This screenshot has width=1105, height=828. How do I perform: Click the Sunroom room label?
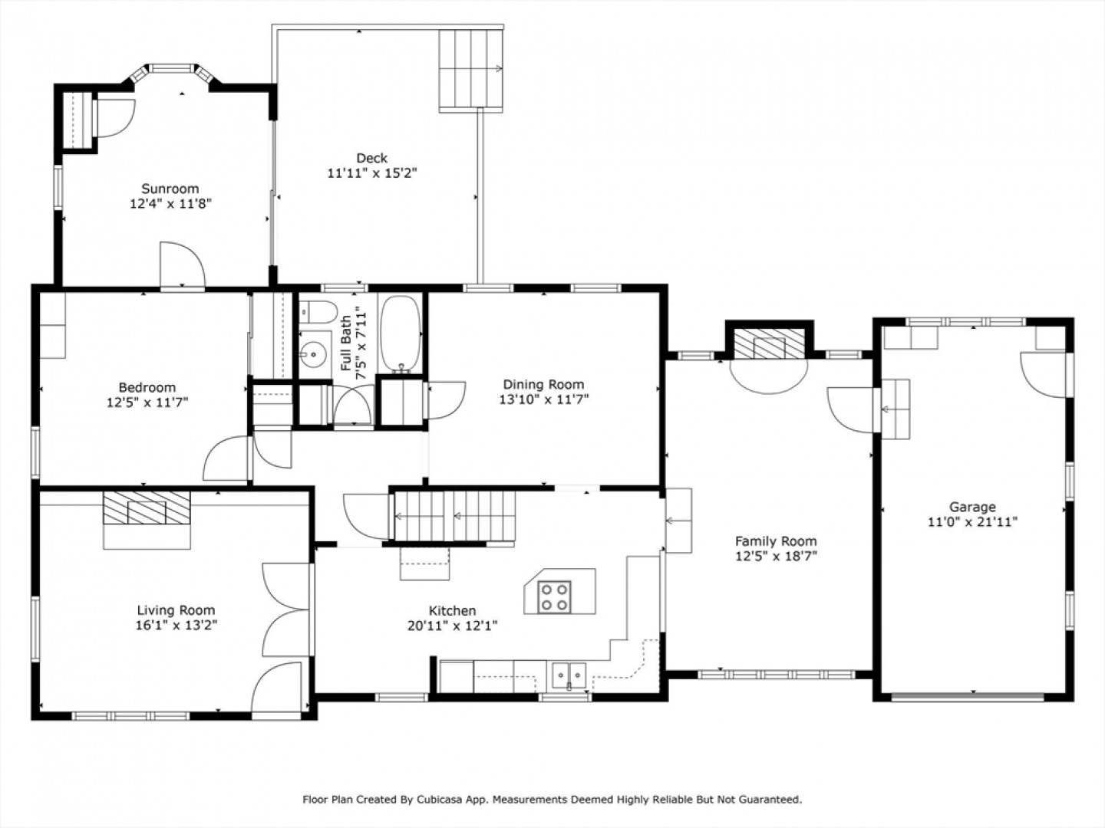[x=170, y=189]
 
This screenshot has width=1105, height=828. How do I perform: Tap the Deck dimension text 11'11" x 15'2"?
[x=372, y=173]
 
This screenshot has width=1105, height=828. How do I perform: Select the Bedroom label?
[x=147, y=387]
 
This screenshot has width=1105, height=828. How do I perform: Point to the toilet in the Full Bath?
[x=318, y=312]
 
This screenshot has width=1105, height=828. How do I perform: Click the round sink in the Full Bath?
[x=314, y=354]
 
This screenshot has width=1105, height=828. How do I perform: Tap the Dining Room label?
[x=544, y=385]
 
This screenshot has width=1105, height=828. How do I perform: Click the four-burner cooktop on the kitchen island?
[x=554, y=596]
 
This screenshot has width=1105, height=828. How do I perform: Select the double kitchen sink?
[x=569, y=675]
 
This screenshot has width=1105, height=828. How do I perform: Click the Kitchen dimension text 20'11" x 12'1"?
[x=453, y=626]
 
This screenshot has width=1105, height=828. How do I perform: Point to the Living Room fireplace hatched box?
[x=147, y=508]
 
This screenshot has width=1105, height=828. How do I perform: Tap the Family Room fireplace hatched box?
[x=768, y=344]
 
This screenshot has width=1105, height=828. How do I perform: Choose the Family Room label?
[x=776, y=541]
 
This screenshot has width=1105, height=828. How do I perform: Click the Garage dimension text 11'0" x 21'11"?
[x=972, y=522]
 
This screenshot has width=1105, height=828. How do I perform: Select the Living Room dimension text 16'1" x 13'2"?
[x=176, y=626]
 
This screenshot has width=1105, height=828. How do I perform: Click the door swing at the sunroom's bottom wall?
[x=182, y=264]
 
